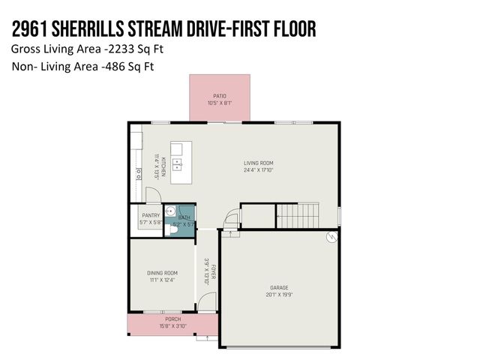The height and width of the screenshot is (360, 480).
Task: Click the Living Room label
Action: click(x=258, y=163)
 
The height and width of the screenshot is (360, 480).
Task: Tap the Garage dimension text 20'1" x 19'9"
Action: click(x=279, y=294)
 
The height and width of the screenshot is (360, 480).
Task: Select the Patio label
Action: click(x=219, y=96)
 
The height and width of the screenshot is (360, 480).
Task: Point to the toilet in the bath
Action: click(x=172, y=232)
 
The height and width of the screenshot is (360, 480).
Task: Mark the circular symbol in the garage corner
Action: click(x=328, y=239)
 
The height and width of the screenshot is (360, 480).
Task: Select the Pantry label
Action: click(x=151, y=216)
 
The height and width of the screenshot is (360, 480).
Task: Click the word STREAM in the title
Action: click(x=160, y=28)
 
